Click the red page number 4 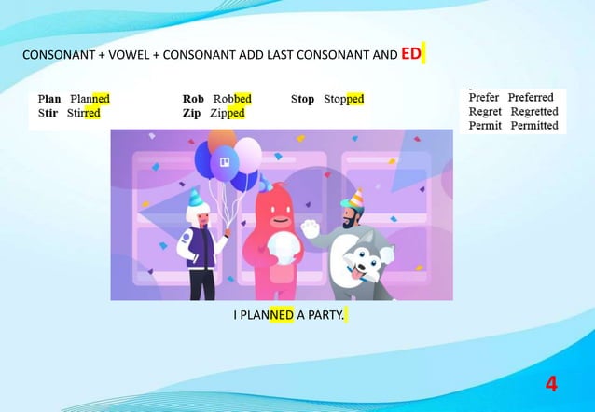tap(551, 383)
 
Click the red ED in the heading tap(412, 54)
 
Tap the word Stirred tap(84, 113)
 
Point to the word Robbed tap(232, 99)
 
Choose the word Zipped tap(228, 113)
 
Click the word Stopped tap(343, 99)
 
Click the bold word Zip tap(192, 113)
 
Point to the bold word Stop tap(302, 99)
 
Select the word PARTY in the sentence tap(325, 315)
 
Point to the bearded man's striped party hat tap(353, 199)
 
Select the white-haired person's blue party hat tap(194, 198)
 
